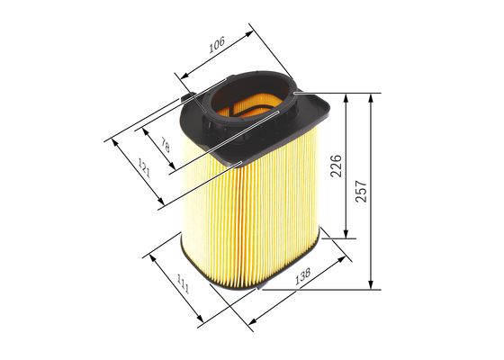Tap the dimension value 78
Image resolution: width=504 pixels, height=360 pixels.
coord(164,144)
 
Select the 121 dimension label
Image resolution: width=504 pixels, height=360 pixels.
coord(143,166)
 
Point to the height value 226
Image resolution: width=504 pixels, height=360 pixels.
coord(335,166)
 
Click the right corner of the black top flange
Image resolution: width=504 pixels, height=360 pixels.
coord(330,112)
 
